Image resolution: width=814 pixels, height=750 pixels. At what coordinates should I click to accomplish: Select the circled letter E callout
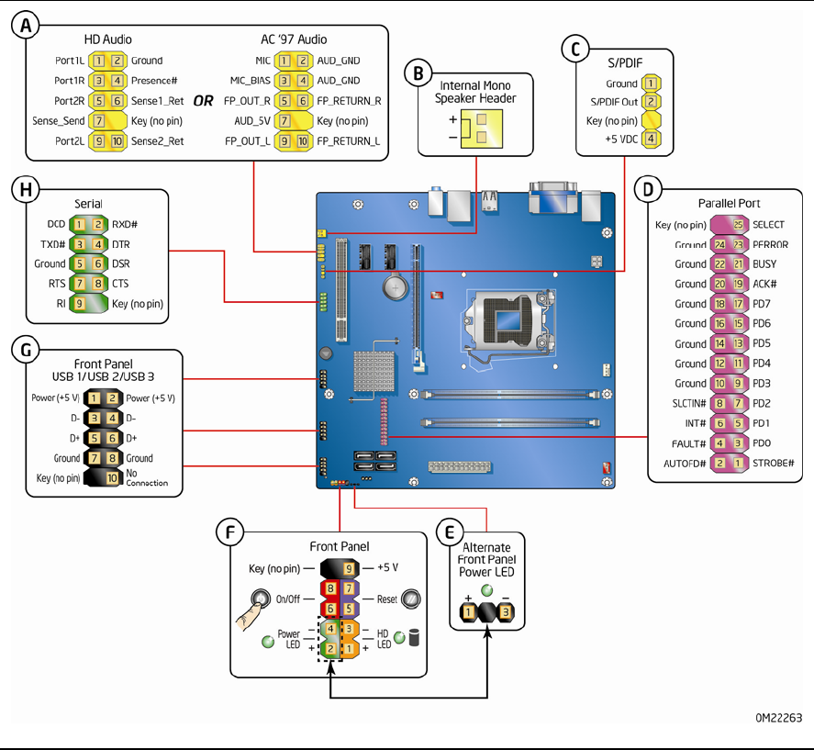450,531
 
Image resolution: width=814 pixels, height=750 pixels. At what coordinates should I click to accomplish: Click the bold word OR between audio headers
202,101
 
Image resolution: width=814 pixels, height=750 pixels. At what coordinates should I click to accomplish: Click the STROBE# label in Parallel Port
775,464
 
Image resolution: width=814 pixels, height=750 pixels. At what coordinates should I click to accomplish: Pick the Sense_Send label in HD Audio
59,121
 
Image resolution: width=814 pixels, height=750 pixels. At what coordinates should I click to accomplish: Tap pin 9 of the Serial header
80,303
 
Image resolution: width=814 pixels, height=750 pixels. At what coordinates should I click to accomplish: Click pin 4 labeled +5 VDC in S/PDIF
651,139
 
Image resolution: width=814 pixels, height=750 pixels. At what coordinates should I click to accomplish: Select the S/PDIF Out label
614,102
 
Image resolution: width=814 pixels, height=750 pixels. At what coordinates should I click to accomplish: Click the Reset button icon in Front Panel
411,599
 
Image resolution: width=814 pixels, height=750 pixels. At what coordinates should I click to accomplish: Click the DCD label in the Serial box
56,224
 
